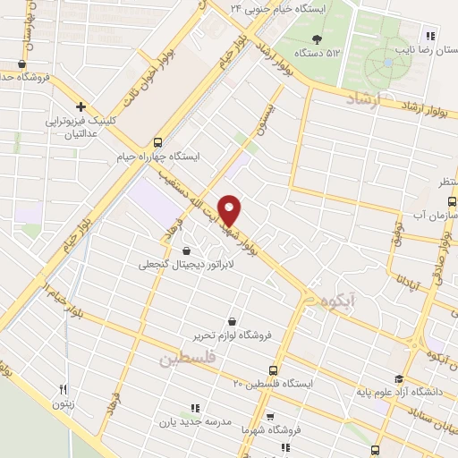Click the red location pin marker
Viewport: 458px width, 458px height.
pos(230,209)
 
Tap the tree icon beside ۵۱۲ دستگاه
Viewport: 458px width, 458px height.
pos(317,38)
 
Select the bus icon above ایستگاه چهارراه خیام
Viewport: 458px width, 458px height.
pos(157,141)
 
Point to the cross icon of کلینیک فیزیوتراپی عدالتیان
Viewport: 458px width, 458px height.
pos(81,106)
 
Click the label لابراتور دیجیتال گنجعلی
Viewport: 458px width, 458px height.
pos(183,265)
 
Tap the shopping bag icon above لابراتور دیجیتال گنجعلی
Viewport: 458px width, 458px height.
pos(185,250)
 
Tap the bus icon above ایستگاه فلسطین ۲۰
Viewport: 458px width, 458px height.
pos(274,370)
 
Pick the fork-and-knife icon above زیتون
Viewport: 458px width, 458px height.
pos(63,389)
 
